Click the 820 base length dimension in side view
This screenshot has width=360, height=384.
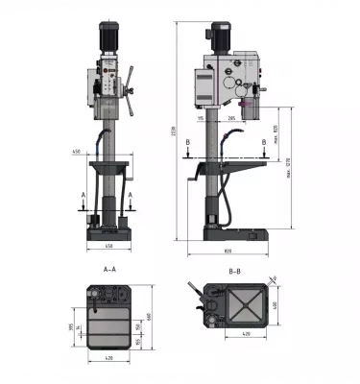[x=228, y=252]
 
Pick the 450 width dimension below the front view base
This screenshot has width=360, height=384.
[x=108, y=247]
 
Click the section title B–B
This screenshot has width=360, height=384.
[x=234, y=271]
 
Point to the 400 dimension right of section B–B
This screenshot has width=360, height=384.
[x=276, y=305]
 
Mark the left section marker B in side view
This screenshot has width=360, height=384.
[x=188, y=141]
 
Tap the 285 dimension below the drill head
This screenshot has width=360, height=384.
[x=231, y=119]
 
